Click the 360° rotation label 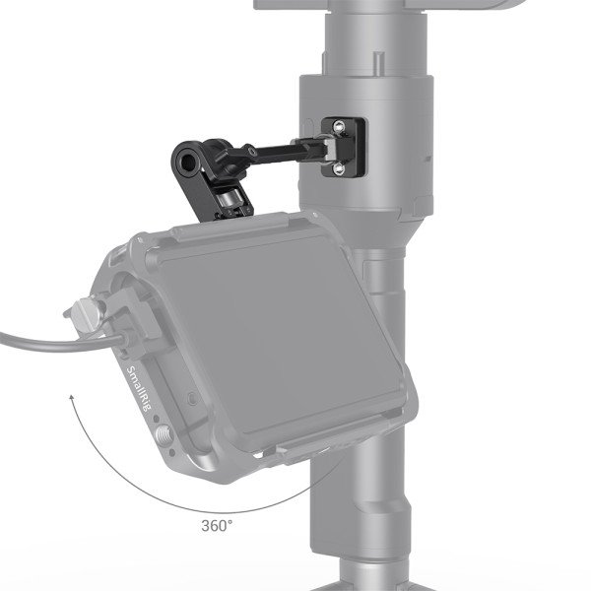click(x=218, y=525)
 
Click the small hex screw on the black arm click(x=250, y=152)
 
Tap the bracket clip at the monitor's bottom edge click(x=295, y=449)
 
